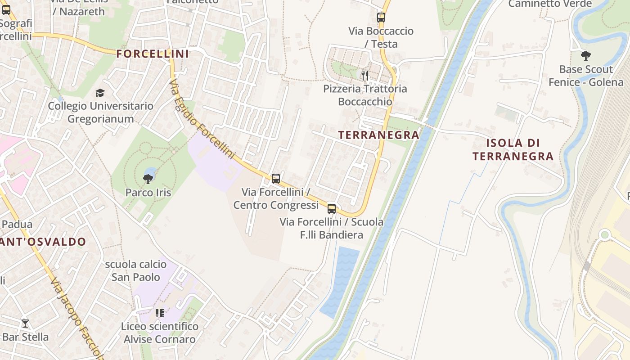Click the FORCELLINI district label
click(152, 54)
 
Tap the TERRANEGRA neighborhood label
click(378, 135)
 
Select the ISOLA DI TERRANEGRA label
click(513, 150)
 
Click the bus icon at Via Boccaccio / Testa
click(381, 18)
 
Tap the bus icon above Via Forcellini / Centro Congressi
click(276, 178)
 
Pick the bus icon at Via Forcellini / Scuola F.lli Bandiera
click(332, 208)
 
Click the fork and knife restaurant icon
click(365, 75)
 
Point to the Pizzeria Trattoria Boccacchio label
click(365, 95)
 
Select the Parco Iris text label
click(148, 193)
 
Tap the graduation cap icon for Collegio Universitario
click(100, 93)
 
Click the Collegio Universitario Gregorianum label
click(101, 112)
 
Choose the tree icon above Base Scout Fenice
click(585, 56)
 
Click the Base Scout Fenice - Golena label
click(585, 76)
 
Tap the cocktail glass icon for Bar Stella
click(25, 323)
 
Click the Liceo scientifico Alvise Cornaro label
click(159, 333)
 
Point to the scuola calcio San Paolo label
click(135, 270)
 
